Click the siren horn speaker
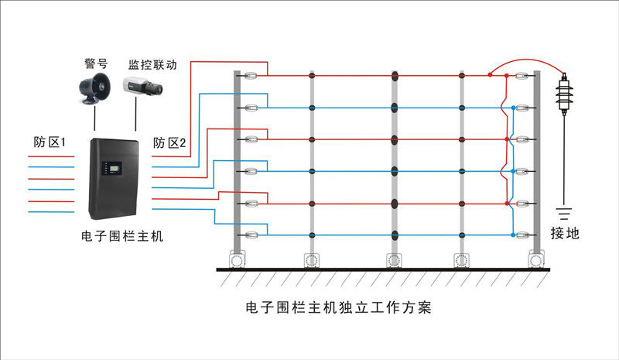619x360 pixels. click(x=94, y=88)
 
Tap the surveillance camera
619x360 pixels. click(x=142, y=86)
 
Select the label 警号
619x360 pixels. click(x=96, y=63)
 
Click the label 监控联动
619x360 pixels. click(x=152, y=64)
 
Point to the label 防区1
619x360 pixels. click(x=50, y=142)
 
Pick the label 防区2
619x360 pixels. click(x=169, y=142)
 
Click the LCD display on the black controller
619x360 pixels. click(x=115, y=168)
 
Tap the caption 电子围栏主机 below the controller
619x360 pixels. click(x=122, y=236)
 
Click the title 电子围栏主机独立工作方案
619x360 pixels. click(x=338, y=307)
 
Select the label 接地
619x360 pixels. click(x=565, y=233)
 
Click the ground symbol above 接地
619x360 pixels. click(x=565, y=214)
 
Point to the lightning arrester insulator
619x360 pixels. click(x=564, y=94)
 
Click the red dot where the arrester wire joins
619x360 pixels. click(x=490, y=74)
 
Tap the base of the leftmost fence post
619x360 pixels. click(x=238, y=259)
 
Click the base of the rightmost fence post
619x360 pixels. click(x=536, y=259)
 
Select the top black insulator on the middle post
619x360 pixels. click(x=395, y=75)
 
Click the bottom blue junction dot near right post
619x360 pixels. click(x=513, y=235)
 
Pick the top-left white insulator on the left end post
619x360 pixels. click(x=250, y=75)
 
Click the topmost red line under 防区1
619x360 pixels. click(x=51, y=156)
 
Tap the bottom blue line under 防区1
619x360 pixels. click(x=51, y=212)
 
